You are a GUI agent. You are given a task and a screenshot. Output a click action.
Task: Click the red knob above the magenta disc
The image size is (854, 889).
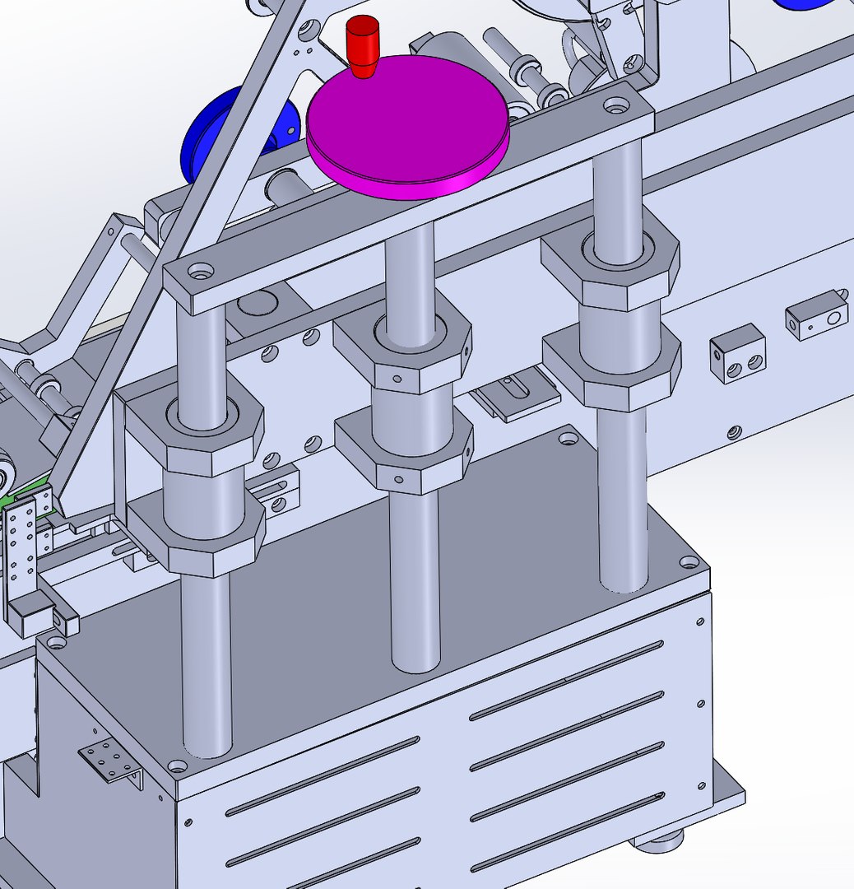[x=362, y=43]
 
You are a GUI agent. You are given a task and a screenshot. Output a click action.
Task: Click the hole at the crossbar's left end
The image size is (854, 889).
[x=199, y=269]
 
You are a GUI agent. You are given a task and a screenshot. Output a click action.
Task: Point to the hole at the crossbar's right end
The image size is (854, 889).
[x=615, y=106]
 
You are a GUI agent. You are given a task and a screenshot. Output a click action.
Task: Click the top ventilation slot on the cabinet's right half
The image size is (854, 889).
[x=568, y=679]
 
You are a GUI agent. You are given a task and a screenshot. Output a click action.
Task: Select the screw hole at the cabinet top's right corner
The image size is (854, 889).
[x=689, y=562]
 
